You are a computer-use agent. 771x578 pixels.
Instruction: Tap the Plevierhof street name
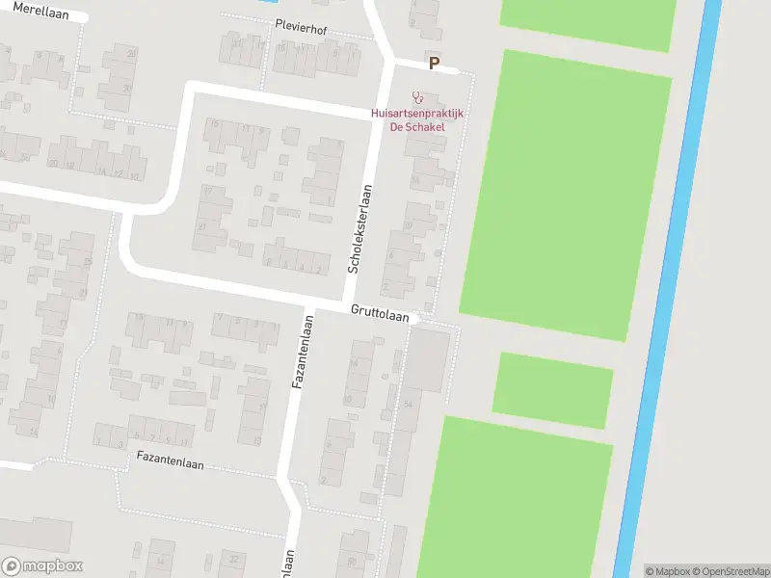click(x=301, y=29)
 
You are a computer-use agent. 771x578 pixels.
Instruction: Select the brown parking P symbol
click(x=434, y=65)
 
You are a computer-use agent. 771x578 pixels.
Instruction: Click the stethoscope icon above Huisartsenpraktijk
click(x=417, y=97)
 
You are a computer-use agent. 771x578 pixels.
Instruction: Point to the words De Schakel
click(x=416, y=127)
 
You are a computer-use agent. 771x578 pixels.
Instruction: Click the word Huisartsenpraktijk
click(x=417, y=114)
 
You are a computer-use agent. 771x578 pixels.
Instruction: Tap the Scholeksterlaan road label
click(x=359, y=227)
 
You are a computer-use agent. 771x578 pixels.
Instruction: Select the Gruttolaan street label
click(x=380, y=314)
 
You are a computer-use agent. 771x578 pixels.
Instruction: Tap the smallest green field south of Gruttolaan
click(x=552, y=389)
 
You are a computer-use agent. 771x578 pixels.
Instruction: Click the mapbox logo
click(x=41, y=566)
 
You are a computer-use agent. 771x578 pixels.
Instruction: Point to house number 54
click(x=409, y=404)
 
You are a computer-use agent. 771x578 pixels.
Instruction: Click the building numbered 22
click(x=233, y=558)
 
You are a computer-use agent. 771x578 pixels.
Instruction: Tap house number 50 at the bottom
click(x=352, y=560)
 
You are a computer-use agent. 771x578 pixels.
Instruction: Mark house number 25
click(x=87, y=262)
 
